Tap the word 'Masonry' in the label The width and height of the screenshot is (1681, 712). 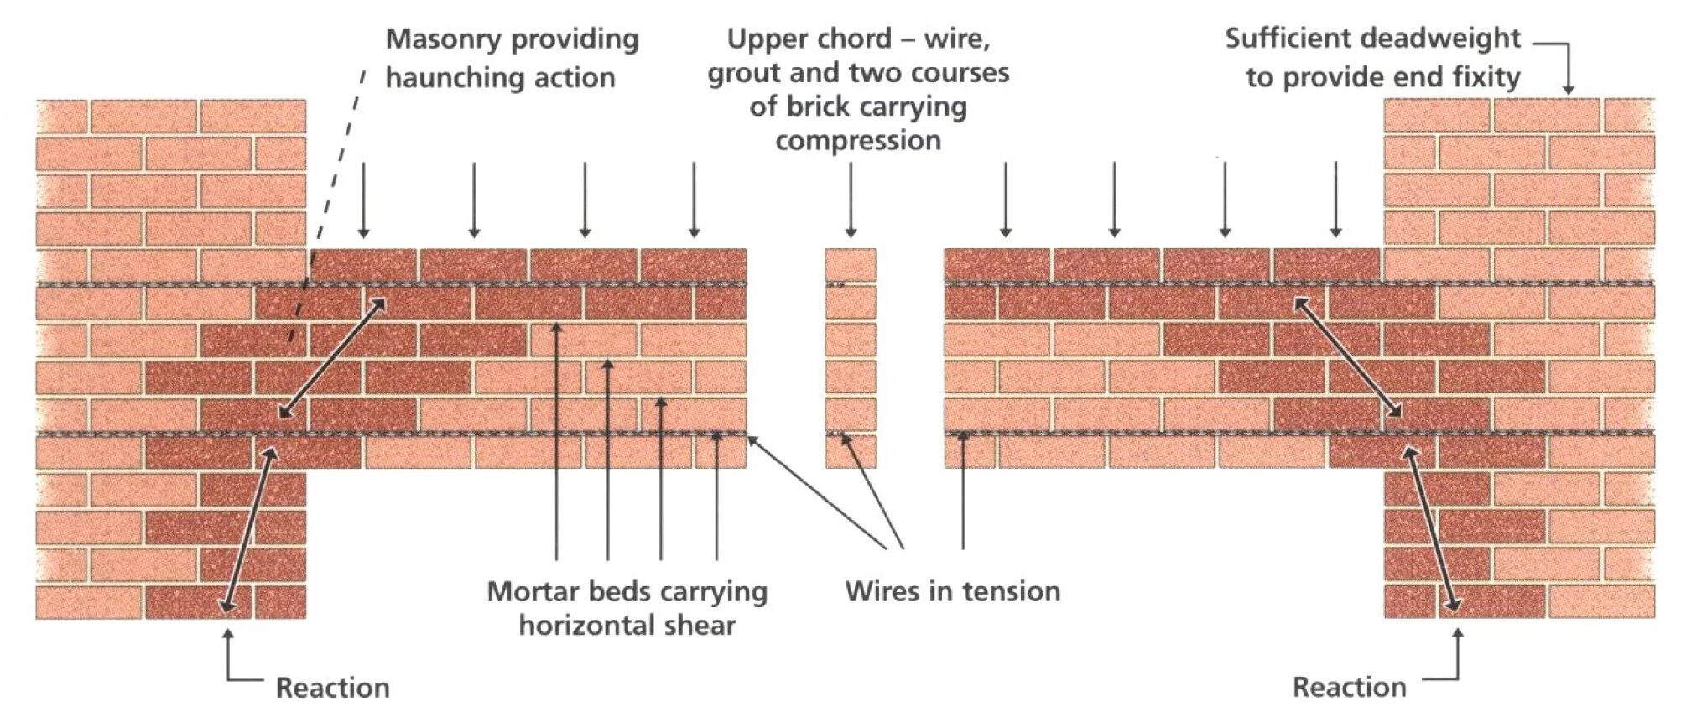(441, 39)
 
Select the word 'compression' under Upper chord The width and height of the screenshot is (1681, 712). (857, 140)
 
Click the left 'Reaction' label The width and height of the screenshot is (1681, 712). (333, 688)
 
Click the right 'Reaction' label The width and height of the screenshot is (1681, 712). (1349, 687)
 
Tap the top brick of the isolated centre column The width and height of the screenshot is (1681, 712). (850, 265)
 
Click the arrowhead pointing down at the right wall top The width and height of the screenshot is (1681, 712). (1567, 87)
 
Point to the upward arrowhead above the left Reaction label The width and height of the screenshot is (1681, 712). (227, 636)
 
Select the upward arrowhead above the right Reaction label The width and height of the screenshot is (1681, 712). (1458, 635)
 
